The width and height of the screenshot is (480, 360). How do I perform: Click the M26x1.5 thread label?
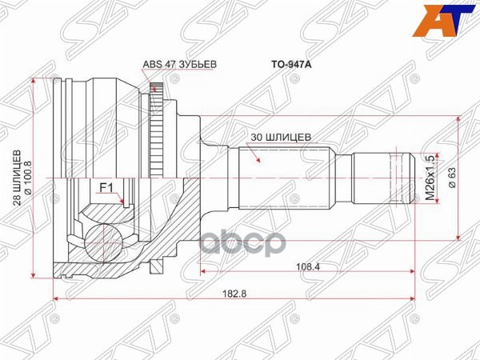tap(430, 176)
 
